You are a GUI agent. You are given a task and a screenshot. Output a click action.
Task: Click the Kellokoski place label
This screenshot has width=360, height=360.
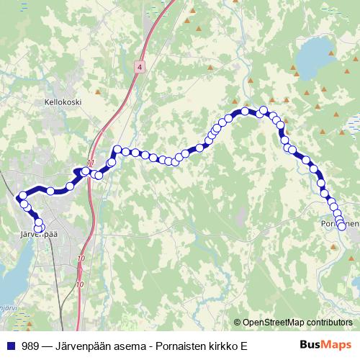point(63,102)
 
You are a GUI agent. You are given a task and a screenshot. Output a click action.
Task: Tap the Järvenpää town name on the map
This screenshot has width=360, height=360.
point(36,235)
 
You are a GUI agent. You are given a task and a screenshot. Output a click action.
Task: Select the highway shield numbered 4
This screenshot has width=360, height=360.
point(138,66)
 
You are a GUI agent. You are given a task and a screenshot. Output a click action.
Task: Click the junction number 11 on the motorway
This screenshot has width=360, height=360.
point(90,162)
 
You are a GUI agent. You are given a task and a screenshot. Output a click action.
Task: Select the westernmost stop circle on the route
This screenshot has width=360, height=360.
point(22,196)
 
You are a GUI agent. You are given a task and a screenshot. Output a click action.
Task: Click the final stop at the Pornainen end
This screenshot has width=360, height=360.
point(341,225)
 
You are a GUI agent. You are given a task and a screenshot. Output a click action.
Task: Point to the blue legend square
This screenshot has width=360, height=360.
point(11,346)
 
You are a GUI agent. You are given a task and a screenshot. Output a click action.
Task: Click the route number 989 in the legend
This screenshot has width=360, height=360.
point(30,346)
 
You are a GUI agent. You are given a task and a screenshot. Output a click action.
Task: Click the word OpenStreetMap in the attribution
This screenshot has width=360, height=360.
point(274,323)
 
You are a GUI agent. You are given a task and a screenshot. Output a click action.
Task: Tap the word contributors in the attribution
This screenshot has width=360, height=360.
point(330,323)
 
